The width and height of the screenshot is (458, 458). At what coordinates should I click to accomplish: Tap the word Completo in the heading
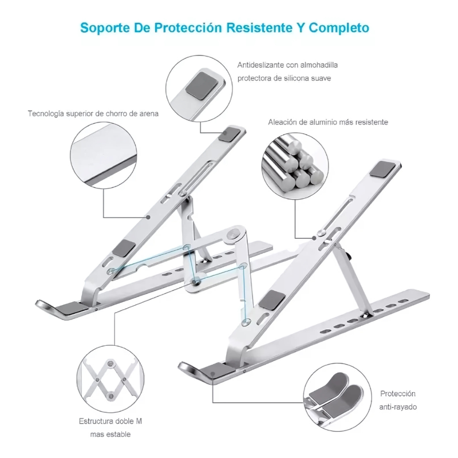[x=341, y=28]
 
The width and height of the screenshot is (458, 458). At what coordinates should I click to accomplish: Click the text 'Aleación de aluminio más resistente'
[x=328, y=122]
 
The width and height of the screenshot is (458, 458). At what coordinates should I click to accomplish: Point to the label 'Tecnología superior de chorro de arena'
[x=93, y=113]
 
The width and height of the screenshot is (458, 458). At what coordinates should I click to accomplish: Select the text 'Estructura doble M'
[x=110, y=421]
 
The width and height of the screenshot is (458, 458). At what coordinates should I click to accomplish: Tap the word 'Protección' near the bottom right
[x=397, y=394]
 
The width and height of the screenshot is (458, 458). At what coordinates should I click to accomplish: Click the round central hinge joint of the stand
[x=233, y=235]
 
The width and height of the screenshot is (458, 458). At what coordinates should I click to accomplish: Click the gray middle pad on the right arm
[x=271, y=299]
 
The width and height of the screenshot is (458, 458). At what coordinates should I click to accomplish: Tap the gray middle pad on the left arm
[x=124, y=248]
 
